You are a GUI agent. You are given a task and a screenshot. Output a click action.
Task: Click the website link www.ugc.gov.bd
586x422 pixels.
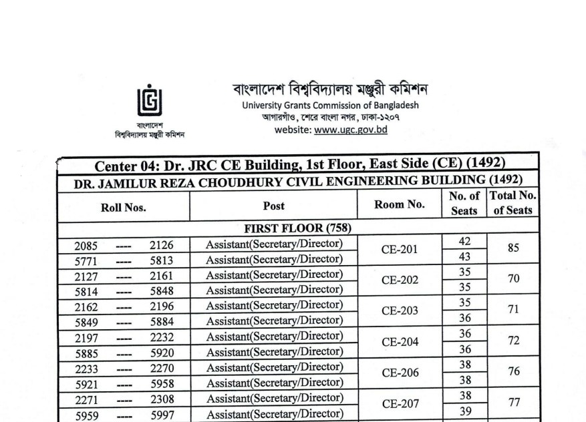point(351,130)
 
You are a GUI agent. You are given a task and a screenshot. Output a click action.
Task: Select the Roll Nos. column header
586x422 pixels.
point(124,207)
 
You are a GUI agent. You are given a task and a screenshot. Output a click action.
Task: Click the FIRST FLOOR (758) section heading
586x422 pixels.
point(298,228)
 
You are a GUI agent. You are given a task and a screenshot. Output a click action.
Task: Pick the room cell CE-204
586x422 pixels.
point(399,343)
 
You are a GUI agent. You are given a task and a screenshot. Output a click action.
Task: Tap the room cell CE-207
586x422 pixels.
point(399,404)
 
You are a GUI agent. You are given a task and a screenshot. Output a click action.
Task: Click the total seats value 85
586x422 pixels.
point(513,248)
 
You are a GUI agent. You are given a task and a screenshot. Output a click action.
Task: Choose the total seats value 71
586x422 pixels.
point(513,310)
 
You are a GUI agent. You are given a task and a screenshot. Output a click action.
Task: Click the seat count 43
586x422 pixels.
point(464,257)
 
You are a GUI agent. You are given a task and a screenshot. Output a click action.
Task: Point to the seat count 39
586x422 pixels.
point(464,411)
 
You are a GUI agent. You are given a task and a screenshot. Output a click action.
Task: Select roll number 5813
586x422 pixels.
point(162,260)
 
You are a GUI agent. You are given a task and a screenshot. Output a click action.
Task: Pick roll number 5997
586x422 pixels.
point(162,415)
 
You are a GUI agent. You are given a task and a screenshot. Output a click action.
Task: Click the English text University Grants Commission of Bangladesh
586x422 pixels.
point(330,105)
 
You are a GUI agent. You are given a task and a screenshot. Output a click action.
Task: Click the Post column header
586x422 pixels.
point(273,206)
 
